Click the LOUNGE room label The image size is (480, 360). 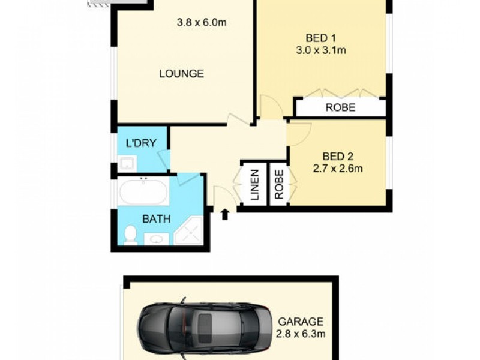click(181, 74)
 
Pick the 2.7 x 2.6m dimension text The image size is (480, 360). click(338, 169)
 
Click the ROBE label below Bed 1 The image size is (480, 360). click(340, 108)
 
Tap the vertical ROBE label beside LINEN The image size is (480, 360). click(278, 184)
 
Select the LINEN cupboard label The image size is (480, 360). click(254, 185)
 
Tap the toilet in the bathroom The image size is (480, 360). click(130, 235)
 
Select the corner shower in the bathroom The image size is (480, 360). click(190, 231)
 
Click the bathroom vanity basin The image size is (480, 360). click(157, 239)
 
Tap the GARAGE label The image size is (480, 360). click(301, 322)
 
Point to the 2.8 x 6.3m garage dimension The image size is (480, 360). click(301, 334)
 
